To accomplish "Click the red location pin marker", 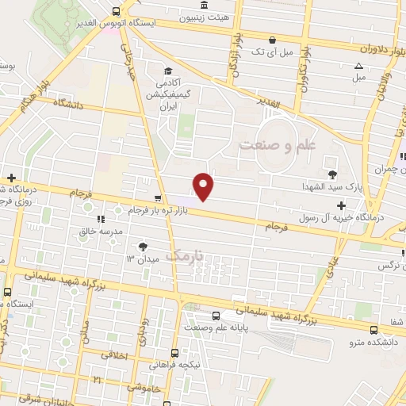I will pos(204,186).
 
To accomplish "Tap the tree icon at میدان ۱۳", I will pos(143,247).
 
